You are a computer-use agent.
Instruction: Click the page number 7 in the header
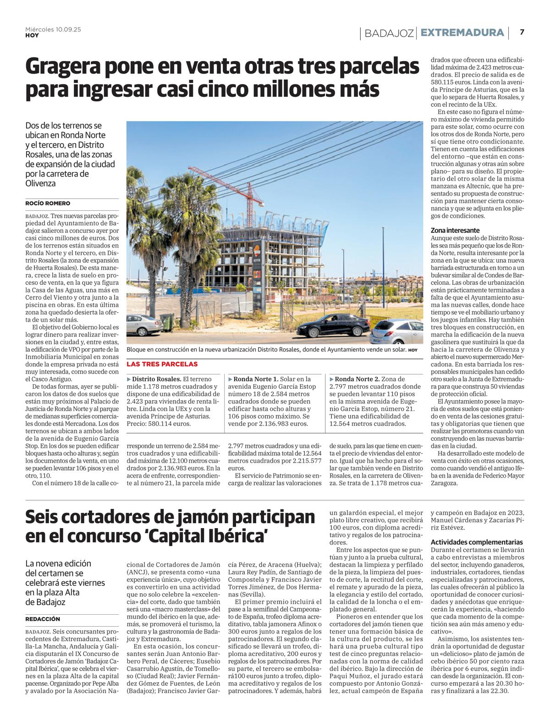tap(522, 32)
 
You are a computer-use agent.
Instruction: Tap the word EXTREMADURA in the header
tap(462, 33)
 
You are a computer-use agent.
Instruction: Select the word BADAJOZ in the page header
tap(389, 33)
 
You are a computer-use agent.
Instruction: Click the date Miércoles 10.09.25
tap(53, 29)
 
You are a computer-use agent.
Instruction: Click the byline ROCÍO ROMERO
tap(48, 203)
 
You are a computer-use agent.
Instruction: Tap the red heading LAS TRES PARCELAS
tap(162, 364)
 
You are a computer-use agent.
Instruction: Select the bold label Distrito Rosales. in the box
tap(156, 379)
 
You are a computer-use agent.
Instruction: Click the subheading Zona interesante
tap(455, 230)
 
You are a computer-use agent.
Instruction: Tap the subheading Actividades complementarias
tap(477, 542)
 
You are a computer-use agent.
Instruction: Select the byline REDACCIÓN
tap(43, 619)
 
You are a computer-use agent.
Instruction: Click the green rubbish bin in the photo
tap(167, 322)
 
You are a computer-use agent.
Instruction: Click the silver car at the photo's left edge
tap(143, 325)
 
